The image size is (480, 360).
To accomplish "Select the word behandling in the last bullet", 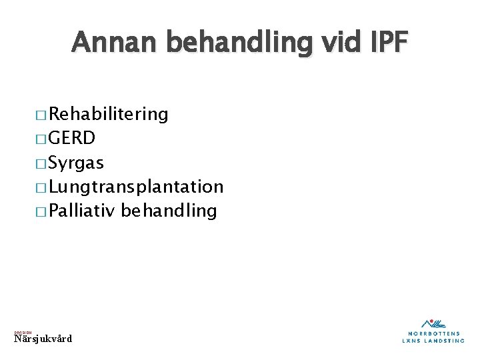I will (x=170, y=211).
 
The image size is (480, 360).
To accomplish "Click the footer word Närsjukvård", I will (x=43, y=339).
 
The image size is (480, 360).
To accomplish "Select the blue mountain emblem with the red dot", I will (x=434, y=323).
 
